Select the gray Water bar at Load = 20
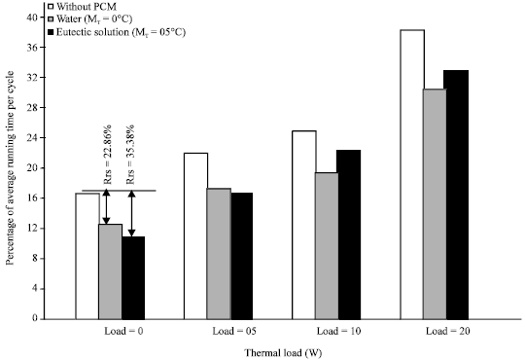coord(435,203)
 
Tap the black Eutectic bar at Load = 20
coord(457,195)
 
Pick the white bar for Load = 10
coord(303,225)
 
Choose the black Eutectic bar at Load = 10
coord(349,234)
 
